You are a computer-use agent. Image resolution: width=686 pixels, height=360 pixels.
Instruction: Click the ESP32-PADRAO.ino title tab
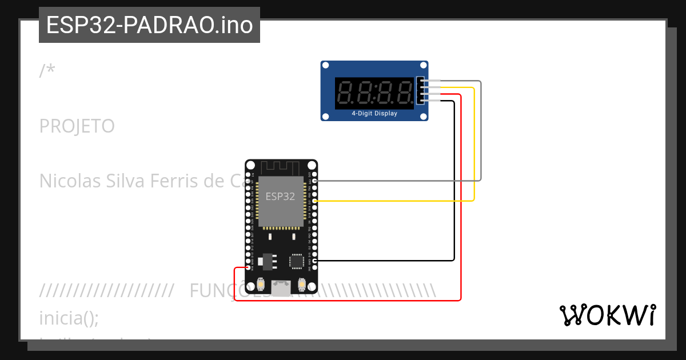pyautogui.click(x=149, y=25)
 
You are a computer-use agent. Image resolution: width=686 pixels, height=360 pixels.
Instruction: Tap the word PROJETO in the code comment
pyautogui.click(x=77, y=126)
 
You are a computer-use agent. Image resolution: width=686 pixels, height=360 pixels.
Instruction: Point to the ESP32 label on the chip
pyautogui.click(x=280, y=196)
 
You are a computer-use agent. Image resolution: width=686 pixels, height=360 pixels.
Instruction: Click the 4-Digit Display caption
pyautogui.click(x=374, y=113)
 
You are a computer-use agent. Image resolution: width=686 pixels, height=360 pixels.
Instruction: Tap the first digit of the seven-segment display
pyautogui.click(x=346, y=93)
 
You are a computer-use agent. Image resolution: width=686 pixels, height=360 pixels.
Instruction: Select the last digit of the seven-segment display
pyautogui.click(x=405, y=93)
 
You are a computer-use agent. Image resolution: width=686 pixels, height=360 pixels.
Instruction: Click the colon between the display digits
pyautogui.click(x=375, y=93)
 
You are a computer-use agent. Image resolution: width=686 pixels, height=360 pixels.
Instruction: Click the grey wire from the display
pyautogui.click(x=480, y=131)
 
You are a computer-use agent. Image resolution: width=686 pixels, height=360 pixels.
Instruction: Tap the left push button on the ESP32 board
pyautogui.click(x=260, y=284)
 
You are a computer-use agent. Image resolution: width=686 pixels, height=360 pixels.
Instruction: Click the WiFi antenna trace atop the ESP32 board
pyautogui.click(x=280, y=167)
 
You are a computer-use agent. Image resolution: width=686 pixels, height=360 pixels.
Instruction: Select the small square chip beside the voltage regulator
pyautogui.click(x=296, y=261)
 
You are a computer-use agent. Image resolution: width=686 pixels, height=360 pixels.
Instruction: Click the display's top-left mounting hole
pyautogui.click(x=325, y=66)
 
